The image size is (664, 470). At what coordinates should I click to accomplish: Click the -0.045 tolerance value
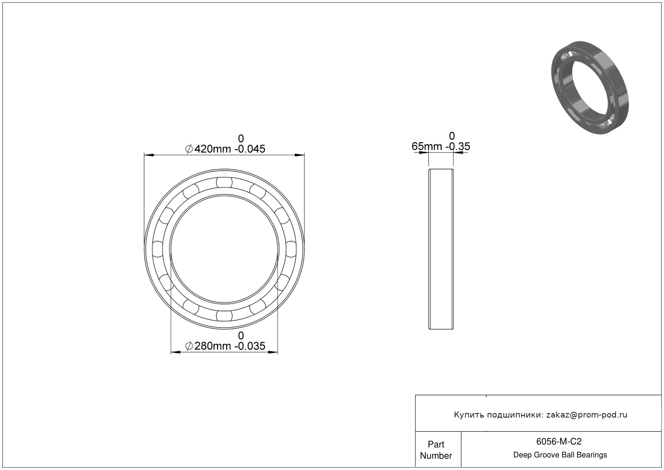pyautogui.click(x=250, y=149)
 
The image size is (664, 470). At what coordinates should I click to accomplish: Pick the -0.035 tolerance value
pyautogui.click(x=250, y=346)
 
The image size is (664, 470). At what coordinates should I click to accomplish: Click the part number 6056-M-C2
pyautogui.click(x=559, y=441)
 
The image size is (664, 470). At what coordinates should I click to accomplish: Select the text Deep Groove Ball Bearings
pyautogui.click(x=560, y=455)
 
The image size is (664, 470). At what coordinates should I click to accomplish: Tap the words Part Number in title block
pyautogui.click(x=436, y=450)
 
